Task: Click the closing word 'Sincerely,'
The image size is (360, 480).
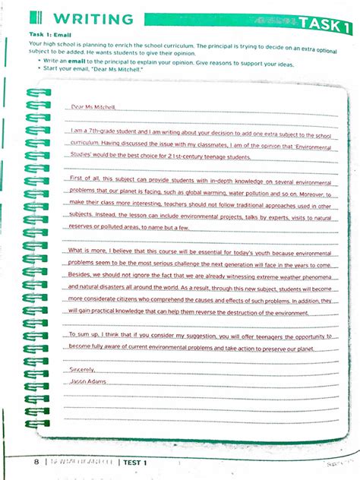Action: click(82, 368)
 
